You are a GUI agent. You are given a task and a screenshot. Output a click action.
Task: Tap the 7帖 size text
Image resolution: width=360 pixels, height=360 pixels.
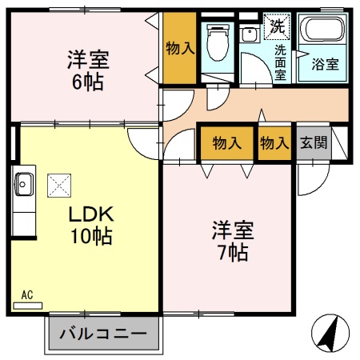click(232, 253)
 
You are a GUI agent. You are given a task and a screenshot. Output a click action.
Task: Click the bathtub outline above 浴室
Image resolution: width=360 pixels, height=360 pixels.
click(322, 34)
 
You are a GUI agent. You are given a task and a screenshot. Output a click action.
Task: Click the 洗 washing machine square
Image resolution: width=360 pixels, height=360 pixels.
click(277, 25)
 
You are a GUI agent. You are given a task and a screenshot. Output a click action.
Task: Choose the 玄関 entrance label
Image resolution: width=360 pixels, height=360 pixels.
click(312, 144)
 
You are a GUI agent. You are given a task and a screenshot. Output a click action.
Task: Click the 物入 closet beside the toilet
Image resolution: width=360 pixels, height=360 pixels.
click(179, 48)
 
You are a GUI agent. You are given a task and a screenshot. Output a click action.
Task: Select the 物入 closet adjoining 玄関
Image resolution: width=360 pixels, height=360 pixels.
click(274, 144)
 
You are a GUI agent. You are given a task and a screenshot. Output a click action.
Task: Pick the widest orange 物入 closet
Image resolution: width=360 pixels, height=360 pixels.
click(226, 144)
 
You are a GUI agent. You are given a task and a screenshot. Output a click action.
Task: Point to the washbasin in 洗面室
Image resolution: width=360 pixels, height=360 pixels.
click(249, 34)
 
